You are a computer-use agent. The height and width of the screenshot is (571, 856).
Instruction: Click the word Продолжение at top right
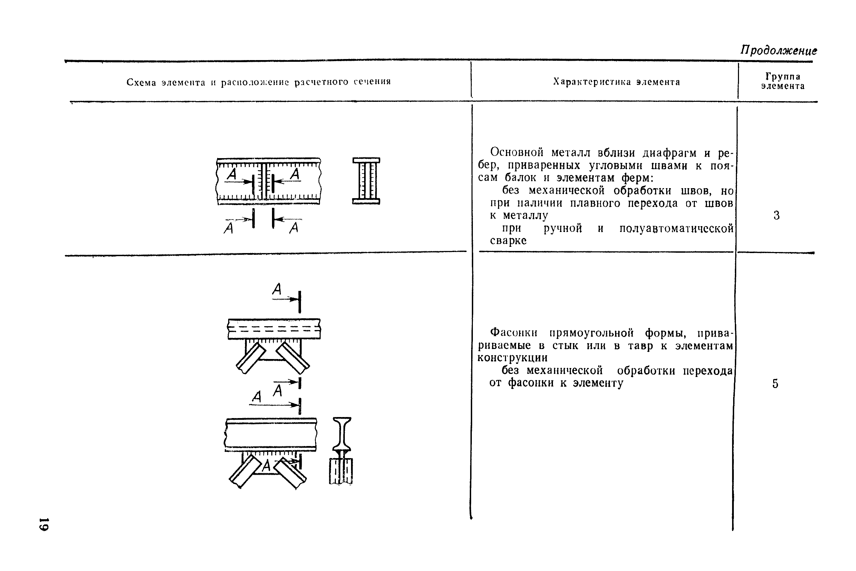pyautogui.click(x=779, y=50)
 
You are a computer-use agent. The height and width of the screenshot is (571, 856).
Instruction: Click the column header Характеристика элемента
pyautogui.click(x=617, y=82)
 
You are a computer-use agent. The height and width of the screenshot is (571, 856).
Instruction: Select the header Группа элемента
pyautogui.click(x=783, y=81)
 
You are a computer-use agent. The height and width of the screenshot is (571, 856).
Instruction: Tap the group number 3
pyautogui.click(x=777, y=215)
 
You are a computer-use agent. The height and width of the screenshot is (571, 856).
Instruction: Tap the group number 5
pyautogui.click(x=776, y=384)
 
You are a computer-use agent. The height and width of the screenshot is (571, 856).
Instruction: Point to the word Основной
pyautogui.click(x=517, y=152)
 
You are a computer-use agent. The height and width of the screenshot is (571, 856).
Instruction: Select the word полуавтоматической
pyautogui.click(x=677, y=228)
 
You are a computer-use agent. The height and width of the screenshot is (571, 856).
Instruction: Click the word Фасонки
pyautogui.click(x=514, y=332)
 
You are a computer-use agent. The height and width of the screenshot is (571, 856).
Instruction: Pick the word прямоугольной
pyautogui.click(x=592, y=333)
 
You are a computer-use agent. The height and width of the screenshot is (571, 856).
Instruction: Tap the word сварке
pyautogui.click(x=508, y=241)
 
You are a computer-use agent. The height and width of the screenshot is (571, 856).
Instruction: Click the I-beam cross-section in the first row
pyautogui.click(x=366, y=181)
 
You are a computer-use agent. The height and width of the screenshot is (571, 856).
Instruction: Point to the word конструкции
pyautogui.click(x=512, y=358)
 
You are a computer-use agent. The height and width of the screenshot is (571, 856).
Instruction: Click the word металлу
pyautogui.click(x=525, y=215)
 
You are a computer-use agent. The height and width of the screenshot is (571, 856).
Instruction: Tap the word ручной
pyautogui.click(x=563, y=228)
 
